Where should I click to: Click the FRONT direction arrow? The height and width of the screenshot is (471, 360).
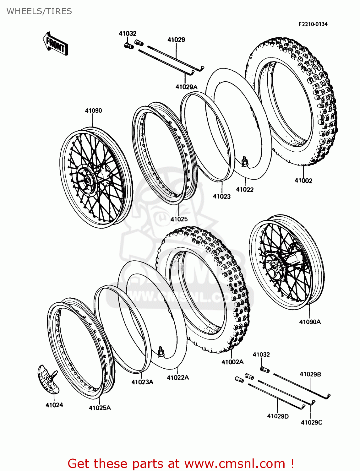pos(55,44)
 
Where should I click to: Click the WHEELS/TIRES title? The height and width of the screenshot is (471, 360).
pos(39,11)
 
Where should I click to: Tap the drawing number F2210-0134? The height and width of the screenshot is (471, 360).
pos(313,24)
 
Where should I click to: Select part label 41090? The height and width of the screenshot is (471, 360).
pos(93,111)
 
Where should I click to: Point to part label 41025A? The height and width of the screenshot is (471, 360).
pos(100,408)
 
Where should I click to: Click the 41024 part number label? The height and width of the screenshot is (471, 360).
pos(54,405)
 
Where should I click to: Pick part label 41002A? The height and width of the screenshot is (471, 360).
pos(232,362)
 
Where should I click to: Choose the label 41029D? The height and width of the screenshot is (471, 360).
pos(278,416)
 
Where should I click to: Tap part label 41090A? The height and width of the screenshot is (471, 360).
pos(310,322)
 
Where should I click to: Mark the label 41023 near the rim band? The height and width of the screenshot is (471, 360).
pos(221,197)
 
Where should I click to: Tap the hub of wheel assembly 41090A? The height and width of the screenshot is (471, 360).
pos(274,267)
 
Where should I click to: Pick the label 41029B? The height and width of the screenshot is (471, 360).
pos(310,374)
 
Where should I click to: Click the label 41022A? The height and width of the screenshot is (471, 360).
pos(178,378)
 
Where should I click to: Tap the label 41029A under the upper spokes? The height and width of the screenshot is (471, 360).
pos(186,87)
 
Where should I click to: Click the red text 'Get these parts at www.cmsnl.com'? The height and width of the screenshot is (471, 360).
pos(181,463)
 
